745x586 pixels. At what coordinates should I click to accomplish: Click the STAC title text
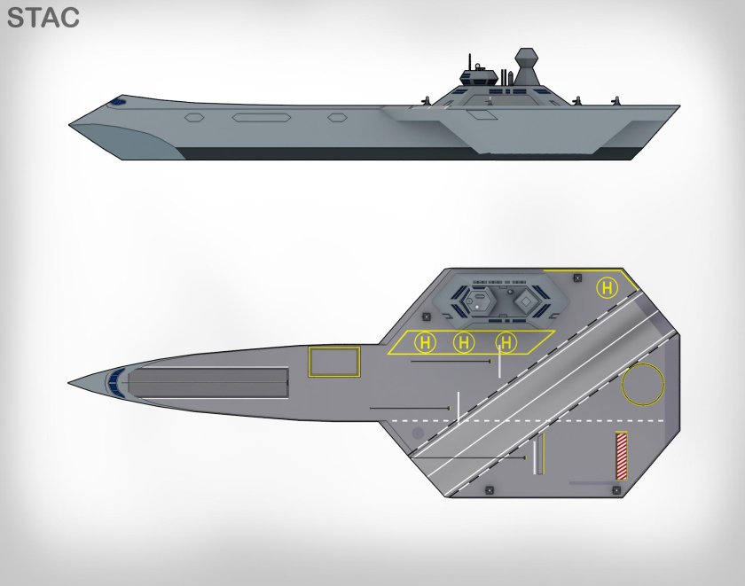(x=43, y=18)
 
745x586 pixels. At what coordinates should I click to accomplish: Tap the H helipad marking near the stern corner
(x=607, y=288)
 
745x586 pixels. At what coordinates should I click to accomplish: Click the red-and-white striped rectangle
(x=621, y=456)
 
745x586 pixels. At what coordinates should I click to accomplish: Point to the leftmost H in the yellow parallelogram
(x=425, y=342)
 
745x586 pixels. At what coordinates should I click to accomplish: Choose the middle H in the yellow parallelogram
(x=464, y=342)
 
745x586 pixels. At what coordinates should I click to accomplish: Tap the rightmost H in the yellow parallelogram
(x=506, y=342)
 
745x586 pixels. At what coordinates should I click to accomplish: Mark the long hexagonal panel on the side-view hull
(x=262, y=117)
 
